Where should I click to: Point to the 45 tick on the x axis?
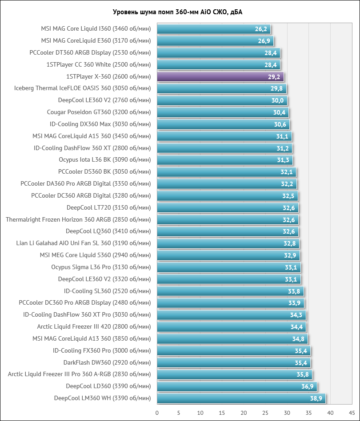[x=352, y=413]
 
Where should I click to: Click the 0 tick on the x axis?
[x=157, y=413]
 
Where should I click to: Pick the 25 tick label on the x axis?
[x=265, y=413]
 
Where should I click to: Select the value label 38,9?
[x=316, y=398]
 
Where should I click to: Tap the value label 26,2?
[x=261, y=29]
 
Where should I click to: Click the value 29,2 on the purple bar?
[x=274, y=77]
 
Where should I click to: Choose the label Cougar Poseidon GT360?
[x=99, y=112]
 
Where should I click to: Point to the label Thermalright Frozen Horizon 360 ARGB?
[x=78, y=219]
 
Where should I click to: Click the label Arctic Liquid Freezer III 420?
[x=94, y=327]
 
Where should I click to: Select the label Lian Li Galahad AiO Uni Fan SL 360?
[x=83, y=243]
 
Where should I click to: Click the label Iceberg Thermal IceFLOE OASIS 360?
[x=82, y=88]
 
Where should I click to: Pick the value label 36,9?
[x=307, y=386]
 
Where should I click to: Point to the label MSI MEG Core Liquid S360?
[x=95, y=255]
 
